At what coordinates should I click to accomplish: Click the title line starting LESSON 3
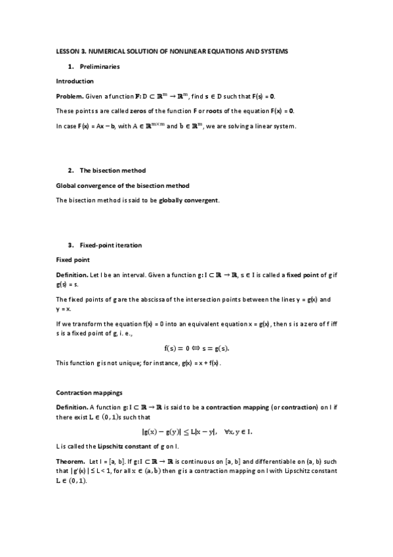172,51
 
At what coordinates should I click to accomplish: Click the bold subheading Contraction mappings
89,393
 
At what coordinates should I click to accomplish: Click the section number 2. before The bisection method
70,171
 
